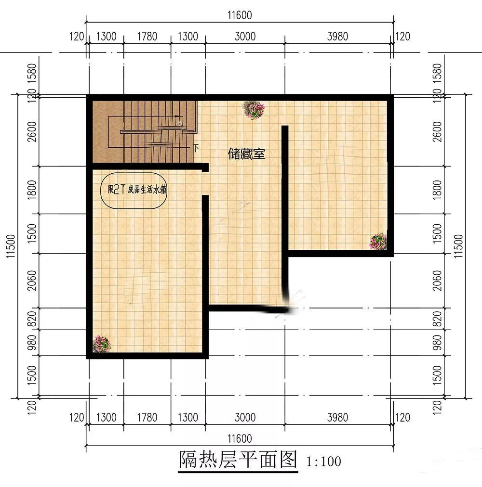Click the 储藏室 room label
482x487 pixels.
[x=246, y=154]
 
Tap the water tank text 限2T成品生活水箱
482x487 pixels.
[x=137, y=190]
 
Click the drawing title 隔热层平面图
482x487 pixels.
[x=238, y=460]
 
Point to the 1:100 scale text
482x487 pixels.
[x=323, y=461]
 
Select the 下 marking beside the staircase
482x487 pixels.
[x=196, y=148]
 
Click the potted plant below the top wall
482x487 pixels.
[x=254, y=110]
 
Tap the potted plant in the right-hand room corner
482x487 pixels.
[x=378, y=241]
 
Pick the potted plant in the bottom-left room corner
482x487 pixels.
[x=101, y=344]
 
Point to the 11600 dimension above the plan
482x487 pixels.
[x=240, y=15]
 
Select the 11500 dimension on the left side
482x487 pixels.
[x=11, y=246]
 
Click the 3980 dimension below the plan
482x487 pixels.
[x=337, y=417]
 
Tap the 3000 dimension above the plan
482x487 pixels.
[x=245, y=37]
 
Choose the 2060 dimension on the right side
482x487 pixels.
[x=437, y=281]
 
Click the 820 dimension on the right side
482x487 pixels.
[x=437, y=319]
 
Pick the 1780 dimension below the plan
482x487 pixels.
[x=147, y=417]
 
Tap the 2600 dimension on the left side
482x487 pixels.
[x=32, y=132]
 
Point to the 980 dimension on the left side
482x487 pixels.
[x=32, y=343]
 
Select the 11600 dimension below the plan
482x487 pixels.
[x=240, y=438]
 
